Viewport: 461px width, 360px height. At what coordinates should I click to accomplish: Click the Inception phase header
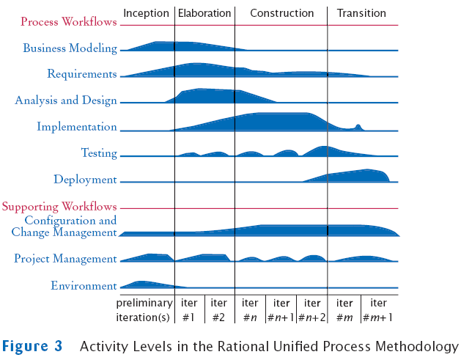coord(146,13)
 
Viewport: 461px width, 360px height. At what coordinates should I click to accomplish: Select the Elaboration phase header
coord(204,13)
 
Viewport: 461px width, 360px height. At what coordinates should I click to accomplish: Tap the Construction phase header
coord(281,13)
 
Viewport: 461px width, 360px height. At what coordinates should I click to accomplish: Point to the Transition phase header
coord(361,13)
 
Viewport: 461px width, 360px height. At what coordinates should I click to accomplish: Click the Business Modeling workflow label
coord(70,48)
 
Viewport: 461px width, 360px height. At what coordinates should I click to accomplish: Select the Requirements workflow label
coord(82,74)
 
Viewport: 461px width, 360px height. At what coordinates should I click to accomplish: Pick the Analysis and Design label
coord(66,100)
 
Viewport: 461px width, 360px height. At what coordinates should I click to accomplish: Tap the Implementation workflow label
coord(77,127)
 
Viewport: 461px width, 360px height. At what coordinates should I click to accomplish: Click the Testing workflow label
coord(99,153)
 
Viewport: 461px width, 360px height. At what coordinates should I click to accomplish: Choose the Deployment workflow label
coord(85,180)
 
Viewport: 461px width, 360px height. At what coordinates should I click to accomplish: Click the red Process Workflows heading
coord(69,22)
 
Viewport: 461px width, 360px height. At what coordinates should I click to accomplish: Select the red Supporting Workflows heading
coord(59,207)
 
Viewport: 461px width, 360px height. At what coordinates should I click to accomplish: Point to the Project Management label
coord(65,259)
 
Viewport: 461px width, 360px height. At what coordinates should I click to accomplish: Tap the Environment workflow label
coord(84,286)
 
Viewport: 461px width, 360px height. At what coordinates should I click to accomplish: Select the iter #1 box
coord(189,309)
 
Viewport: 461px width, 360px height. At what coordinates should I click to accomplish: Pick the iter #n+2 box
coord(311,309)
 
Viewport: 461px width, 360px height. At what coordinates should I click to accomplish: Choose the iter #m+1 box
coord(379,309)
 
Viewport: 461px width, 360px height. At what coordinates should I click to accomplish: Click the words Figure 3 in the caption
coord(32,345)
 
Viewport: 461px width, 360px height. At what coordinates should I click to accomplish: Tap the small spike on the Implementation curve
coord(358,126)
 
